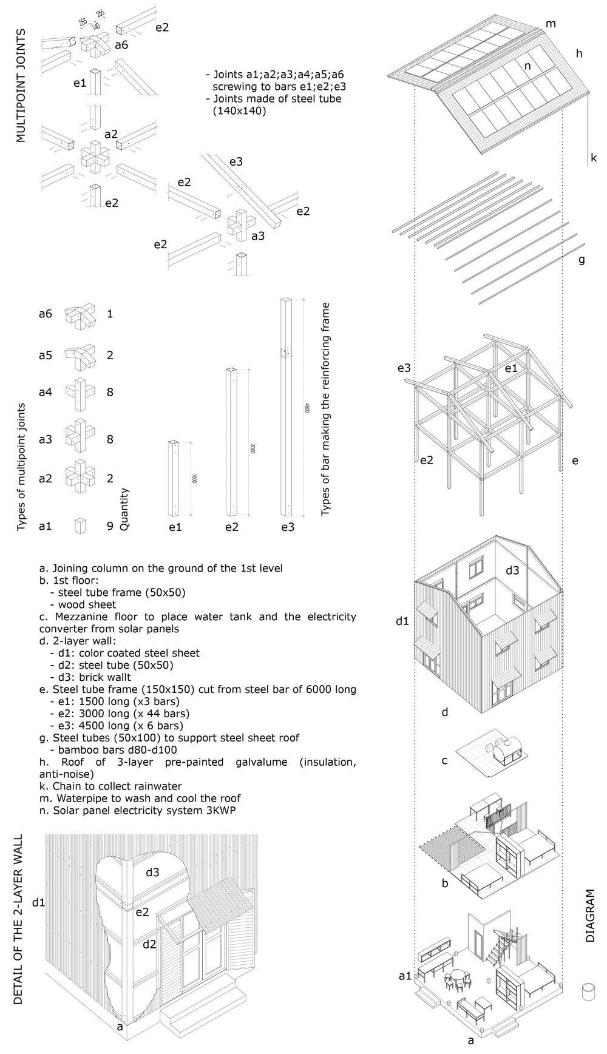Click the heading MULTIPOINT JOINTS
[22, 85]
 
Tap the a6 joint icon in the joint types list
[78, 314]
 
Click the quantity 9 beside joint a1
[110, 526]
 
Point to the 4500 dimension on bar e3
[307, 408]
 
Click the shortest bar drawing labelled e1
[174, 478]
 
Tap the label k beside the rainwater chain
[593, 158]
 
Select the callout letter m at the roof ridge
[551, 24]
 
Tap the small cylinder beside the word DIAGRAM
[587, 992]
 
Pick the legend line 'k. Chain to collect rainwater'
[121, 786]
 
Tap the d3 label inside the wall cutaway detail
[152, 872]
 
